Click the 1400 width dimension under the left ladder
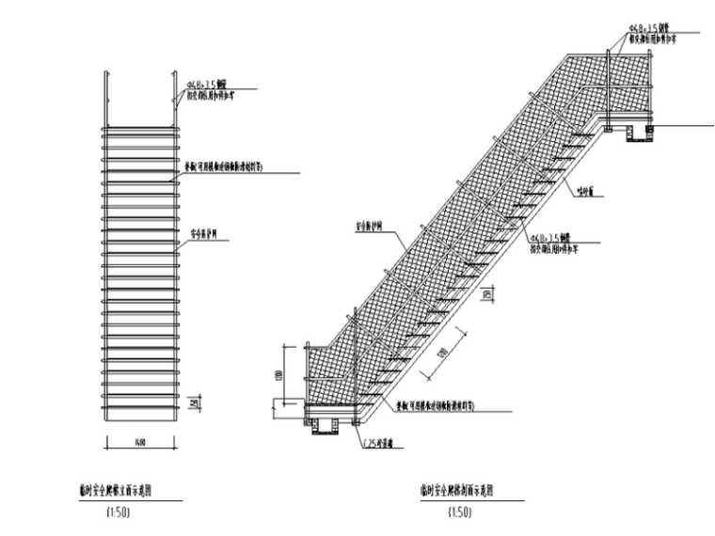pos(139,440)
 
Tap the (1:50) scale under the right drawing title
pos(459,512)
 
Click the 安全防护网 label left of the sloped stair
pos(371,227)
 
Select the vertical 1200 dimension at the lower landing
pos(279,374)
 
